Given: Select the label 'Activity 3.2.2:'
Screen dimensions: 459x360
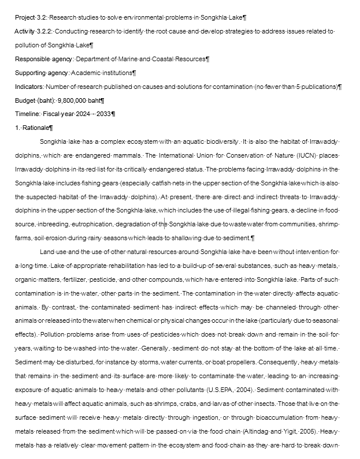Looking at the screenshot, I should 33,31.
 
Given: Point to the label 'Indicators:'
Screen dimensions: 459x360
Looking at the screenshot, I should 29,87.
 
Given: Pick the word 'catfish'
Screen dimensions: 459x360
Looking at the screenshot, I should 165,183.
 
